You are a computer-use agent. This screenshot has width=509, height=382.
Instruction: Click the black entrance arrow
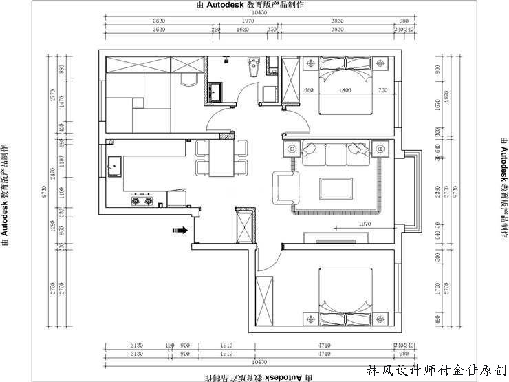179,231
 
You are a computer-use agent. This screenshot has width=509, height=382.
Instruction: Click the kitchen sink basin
114,166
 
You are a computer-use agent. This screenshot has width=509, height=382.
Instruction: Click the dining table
221,158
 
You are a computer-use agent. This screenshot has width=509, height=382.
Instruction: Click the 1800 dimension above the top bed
345,91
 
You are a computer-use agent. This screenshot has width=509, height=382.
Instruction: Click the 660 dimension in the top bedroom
308,91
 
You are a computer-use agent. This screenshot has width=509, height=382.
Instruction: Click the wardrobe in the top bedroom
290,79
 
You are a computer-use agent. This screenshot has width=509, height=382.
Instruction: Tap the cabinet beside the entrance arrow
244,226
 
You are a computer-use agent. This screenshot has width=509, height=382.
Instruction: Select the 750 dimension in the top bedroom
382,91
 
